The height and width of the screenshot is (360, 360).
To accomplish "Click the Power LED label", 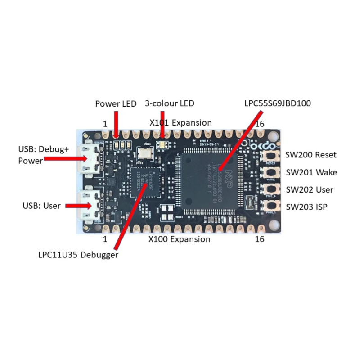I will [116, 103].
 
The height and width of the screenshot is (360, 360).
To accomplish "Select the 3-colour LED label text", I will [170, 103].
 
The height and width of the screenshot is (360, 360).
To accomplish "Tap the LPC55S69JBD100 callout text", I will [278, 103].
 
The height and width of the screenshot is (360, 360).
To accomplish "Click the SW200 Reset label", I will [311, 155].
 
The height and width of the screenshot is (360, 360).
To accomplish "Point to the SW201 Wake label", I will [311, 172].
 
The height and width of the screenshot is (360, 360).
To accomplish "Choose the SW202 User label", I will [310, 189].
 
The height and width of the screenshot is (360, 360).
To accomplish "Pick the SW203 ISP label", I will [307, 207].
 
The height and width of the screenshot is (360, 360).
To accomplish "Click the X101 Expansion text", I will [180, 122].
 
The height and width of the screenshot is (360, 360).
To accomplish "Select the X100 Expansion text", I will [179, 239].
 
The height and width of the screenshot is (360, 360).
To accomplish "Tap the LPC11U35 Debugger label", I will [78, 255].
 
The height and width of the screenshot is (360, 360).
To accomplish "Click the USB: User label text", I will [41, 206].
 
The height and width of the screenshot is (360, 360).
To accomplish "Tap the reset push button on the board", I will [271, 156].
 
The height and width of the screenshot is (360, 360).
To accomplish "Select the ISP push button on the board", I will [271, 207].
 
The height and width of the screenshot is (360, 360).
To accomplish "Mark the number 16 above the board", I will [259, 123].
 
